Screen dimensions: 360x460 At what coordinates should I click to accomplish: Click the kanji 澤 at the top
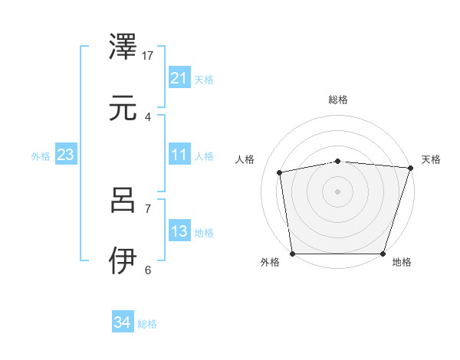tap(123, 47)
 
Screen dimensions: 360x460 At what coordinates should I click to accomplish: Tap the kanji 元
tap(123, 108)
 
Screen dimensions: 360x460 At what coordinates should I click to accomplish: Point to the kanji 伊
tap(123, 261)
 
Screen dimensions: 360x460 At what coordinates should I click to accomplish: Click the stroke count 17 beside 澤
tap(148, 55)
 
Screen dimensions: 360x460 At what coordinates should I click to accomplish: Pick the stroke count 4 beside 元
tap(148, 116)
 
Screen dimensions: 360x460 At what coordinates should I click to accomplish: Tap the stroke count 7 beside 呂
tap(148, 208)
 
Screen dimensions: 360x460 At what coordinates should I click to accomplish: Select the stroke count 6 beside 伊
tap(148, 270)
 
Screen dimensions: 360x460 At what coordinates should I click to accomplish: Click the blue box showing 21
tap(179, 78)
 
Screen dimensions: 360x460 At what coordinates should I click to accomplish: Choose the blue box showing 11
tap(179, 155)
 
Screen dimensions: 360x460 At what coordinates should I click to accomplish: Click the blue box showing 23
tap(66, 155)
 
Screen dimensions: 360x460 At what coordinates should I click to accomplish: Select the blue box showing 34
tap(123, 323)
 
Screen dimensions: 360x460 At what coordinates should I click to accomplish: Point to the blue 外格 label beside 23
tap(41, 155)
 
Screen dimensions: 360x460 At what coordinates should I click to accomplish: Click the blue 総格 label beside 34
tap(148, 324)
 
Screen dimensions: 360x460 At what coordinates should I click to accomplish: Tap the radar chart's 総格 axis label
tap(338, 100)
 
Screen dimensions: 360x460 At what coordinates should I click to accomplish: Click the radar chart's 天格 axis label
tap(431, 159)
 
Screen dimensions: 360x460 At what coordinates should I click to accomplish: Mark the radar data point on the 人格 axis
tap(281, 172)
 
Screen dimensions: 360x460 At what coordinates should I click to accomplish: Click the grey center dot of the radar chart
tap(338, 191)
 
